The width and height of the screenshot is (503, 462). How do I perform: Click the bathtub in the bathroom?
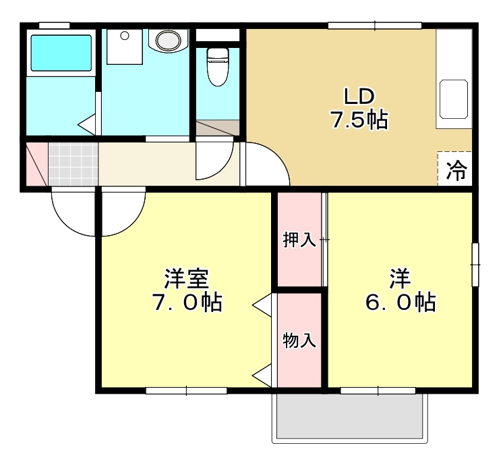click(61, 53)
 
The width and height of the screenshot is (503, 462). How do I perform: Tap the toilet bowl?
click(218, 67)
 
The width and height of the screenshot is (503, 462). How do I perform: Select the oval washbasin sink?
click(169, 40)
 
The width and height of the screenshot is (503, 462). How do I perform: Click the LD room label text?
click(359, 97)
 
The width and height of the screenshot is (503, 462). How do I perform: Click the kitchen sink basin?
click(454, 99)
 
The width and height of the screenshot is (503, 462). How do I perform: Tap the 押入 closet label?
click(299, 239)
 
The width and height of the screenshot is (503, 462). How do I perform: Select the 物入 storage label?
click(299, 340)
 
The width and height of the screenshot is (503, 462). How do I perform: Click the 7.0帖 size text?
click(187, 303)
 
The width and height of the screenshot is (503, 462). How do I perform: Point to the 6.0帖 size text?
click(401, 303)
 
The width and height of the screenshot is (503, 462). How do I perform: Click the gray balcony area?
click(350, 416)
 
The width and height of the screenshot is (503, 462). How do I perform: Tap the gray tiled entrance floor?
click(73, 164)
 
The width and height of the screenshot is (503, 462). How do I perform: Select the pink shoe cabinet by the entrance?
click(37, 164)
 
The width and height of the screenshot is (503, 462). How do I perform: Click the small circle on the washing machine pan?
click(125, 35)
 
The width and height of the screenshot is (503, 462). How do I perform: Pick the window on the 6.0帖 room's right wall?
click(475, 264)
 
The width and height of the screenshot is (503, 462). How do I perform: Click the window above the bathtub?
click(54, 26)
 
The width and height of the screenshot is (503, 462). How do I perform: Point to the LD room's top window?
click(375, 26)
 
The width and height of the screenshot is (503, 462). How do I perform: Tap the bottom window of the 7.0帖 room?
click(186, 390)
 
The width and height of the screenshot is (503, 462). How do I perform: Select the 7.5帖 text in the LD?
click(359, 120)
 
